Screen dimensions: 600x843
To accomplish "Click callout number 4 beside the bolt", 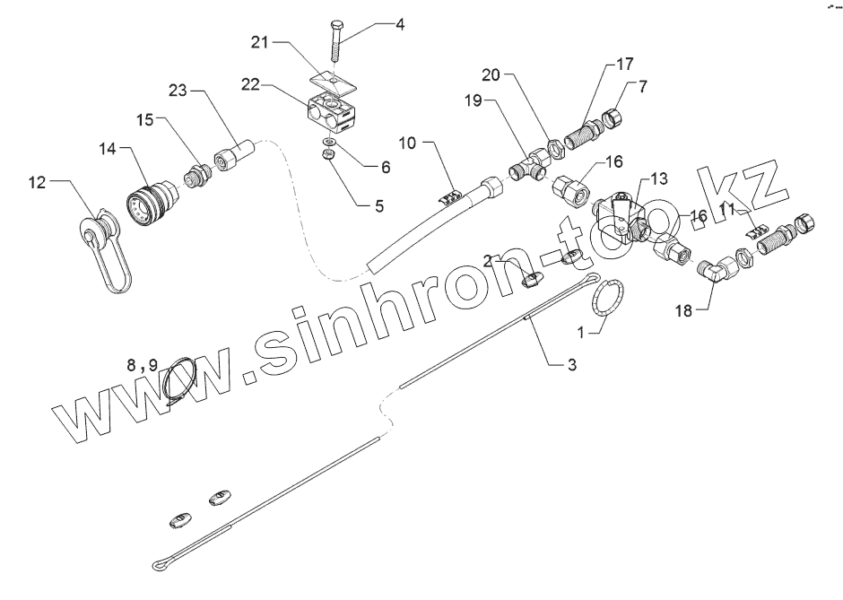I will coord(400,25).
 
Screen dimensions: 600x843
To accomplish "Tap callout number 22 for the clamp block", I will coord(251,83).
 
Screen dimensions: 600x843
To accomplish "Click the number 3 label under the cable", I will coord(570,365).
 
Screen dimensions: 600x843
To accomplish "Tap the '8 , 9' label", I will coord(142,365).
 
